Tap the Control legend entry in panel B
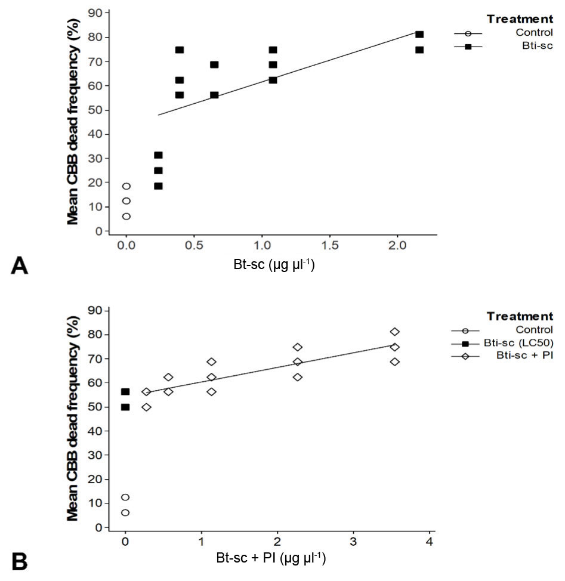click(x=536, y=329)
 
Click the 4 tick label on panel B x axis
click(x=429, y=542)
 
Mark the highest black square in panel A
click(x=419, y=35)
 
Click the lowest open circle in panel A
click(x=126, y=217)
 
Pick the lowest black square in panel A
click(x=158, y=186)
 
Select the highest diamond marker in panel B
click(x=394, y=332)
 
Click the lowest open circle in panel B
click(x=125, y=512)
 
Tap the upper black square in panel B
click(x=125, y=391)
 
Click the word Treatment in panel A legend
click(x=519, y=18)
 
